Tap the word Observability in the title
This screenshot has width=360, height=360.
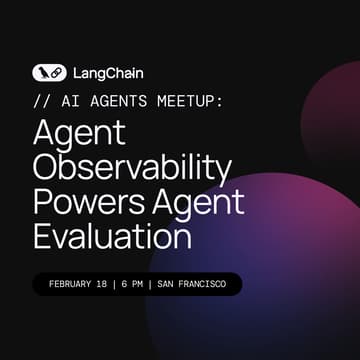coord(132,168)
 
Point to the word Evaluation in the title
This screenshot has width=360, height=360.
coord(111,236)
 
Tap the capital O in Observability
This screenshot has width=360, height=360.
coord(47,168)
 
